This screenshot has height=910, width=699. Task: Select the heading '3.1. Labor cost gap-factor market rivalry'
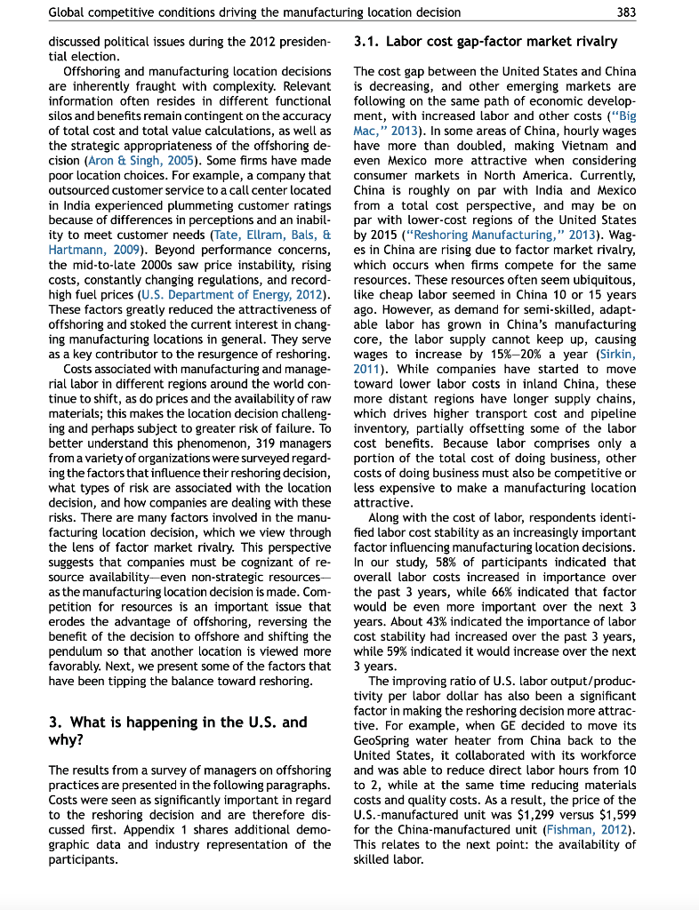(x=486, y=42)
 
